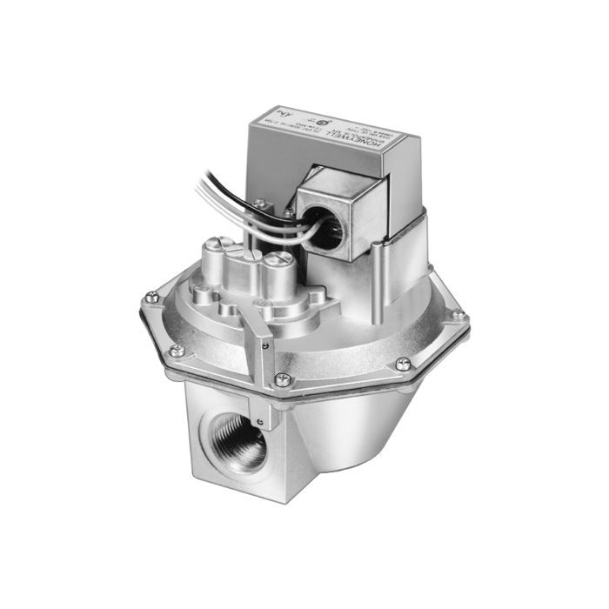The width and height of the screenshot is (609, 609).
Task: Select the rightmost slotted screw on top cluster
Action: (276, 260)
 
